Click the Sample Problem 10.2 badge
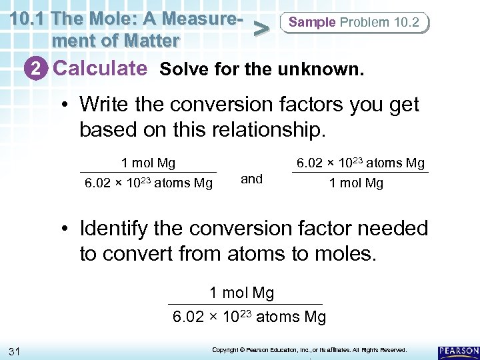point(355,23)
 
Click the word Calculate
point(100,68)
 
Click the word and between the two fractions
point(251,178)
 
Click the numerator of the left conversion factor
point(148,163)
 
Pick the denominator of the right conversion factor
point(356,183)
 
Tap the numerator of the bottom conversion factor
point(241,293)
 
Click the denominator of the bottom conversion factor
point(249,317)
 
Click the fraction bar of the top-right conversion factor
point(360,173)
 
